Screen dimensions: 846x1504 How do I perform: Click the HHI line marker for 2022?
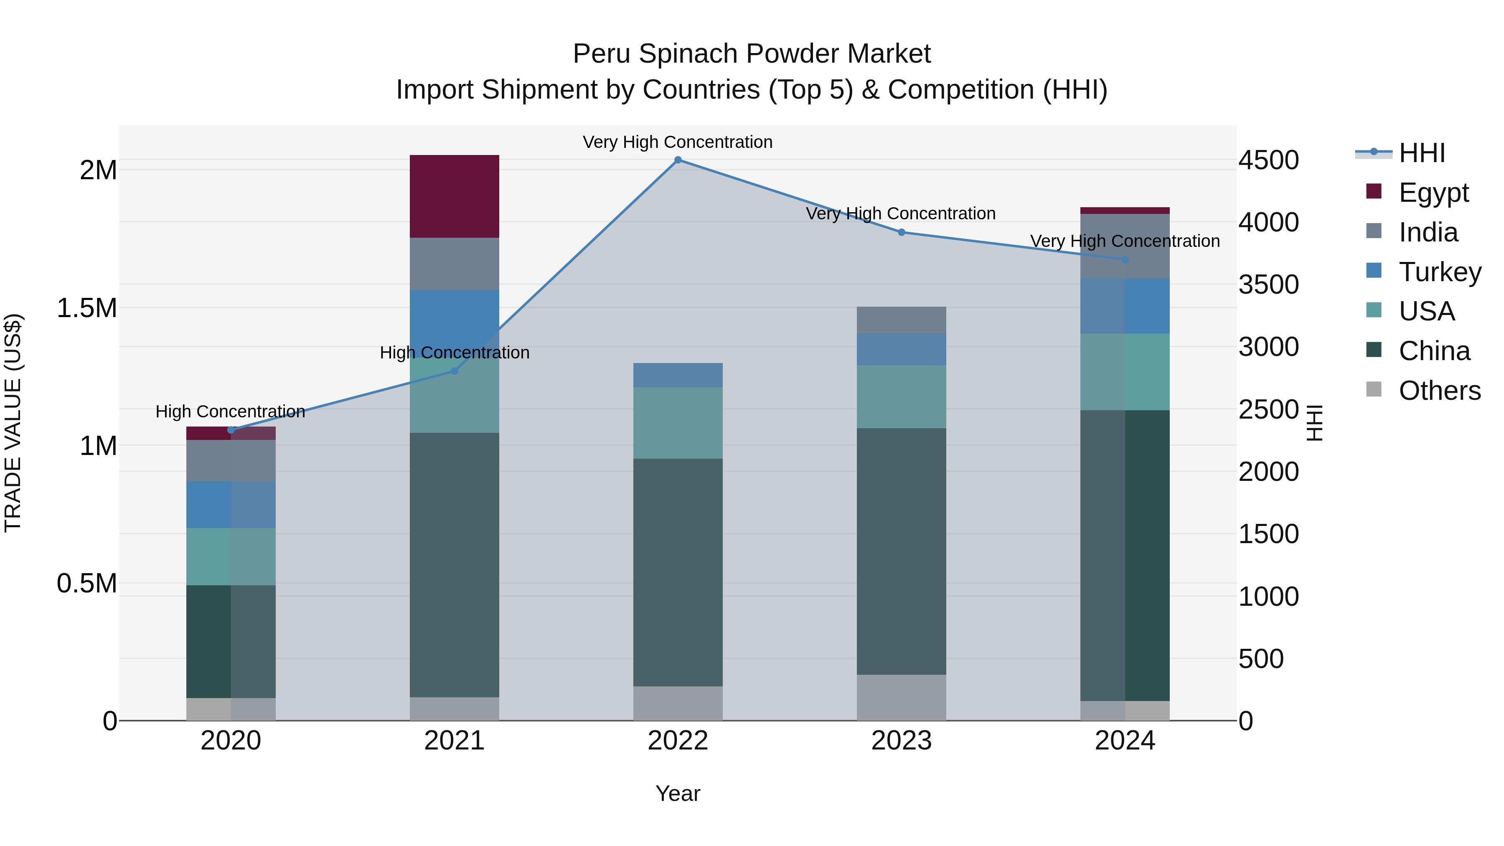point(678,160)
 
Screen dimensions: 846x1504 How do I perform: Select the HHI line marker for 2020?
point(231,430)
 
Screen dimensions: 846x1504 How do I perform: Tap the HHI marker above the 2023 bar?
point(902,232)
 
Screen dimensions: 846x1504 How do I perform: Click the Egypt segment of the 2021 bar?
point(454,196)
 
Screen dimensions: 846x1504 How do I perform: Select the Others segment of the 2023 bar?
point(902,698)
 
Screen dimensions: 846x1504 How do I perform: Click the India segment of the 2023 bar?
point(902,320)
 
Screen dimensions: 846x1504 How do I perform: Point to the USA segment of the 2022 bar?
point(678,423)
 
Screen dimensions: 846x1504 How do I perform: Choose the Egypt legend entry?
point(1433,193)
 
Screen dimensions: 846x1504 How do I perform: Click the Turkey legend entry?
point(1439,272)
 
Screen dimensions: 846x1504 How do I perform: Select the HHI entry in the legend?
point(1421,153)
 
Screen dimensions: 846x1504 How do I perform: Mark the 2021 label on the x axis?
point(454,741)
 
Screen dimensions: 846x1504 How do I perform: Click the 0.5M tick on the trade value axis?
point(87,583)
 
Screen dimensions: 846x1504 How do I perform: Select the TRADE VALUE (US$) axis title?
point(13,423)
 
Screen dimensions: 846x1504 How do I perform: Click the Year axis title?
point(678,793)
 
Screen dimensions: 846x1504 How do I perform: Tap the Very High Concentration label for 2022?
point(678,142)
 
